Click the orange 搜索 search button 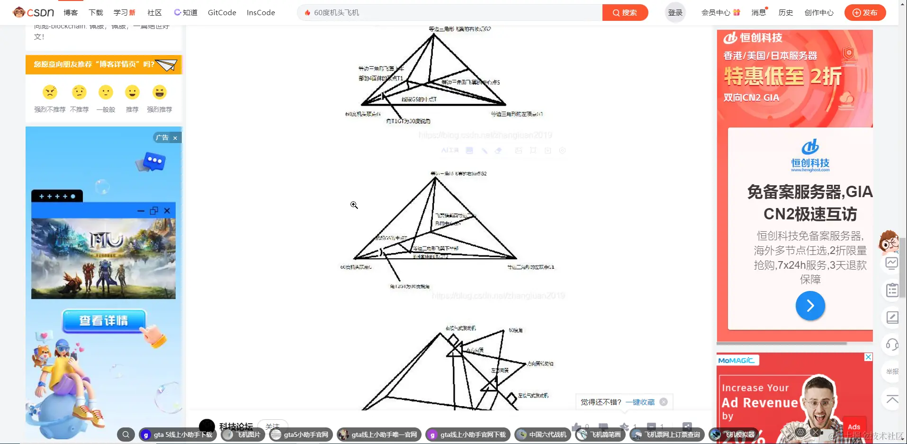[x=625, y=13]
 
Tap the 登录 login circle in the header [x=675, y=13]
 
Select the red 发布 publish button [x=865, y=13]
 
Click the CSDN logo [x=34, y=12]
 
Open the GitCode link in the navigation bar [x=222, y=13]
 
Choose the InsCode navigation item [x=260, y=13]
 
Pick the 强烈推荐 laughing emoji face [x=160, y=92]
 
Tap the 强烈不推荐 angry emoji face [x=50, y=92]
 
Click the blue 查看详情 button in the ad [x=104, y=321]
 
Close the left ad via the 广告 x [x=175, y=138]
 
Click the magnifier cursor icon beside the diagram [x=354, y=205]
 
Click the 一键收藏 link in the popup [x=640, y=402]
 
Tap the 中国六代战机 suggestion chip [x=542, y=435]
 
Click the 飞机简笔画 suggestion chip [x=600, y=435]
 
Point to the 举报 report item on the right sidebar [x=892, y=372]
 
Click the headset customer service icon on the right [x=892, y=344]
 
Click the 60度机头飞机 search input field [x=450, y=13]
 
